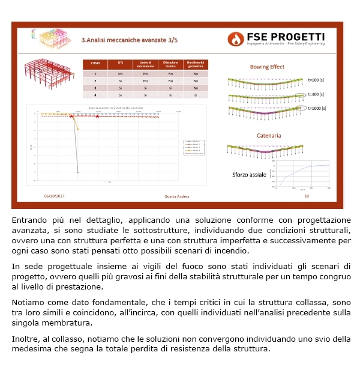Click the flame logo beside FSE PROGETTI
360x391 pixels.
(x=236, y=39)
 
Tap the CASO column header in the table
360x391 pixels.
(x=95, y=62)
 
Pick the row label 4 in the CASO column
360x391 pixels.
(x=95, y=94)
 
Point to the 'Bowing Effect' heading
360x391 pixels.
(x=267, y=67)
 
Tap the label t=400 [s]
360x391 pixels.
(x=316, y=94)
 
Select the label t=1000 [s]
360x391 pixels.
(x=317, y=109)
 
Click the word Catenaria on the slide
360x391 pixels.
(x=268, y=136)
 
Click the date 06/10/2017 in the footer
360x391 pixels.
(x=55, y=196)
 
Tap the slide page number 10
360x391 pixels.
(x=307, y=196)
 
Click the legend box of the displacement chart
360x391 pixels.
(x=195, y=147)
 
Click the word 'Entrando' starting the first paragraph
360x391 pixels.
(x=29, y=220)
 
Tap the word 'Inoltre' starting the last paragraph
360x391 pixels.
(x=27, y=339)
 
